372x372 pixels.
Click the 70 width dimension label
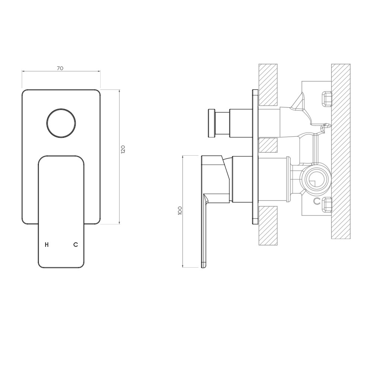[x=60, y=68]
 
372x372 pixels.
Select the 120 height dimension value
[x=123, y=149]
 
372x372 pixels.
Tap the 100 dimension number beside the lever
[x=180, y=210]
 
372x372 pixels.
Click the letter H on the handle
[x=47, y=245]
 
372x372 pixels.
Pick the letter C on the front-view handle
[x=75, y=245]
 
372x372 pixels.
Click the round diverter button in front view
[x=61, y=123]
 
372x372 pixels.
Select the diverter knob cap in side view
[x=211, y=123]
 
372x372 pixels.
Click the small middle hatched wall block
[x=268, y=145]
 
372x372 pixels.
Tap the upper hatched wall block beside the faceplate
[x=268, y=85]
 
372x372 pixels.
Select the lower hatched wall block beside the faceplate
[x=268, y=225]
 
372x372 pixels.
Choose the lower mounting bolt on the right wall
[x=327, y=205]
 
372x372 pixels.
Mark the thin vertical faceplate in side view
[x=255, y=157]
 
